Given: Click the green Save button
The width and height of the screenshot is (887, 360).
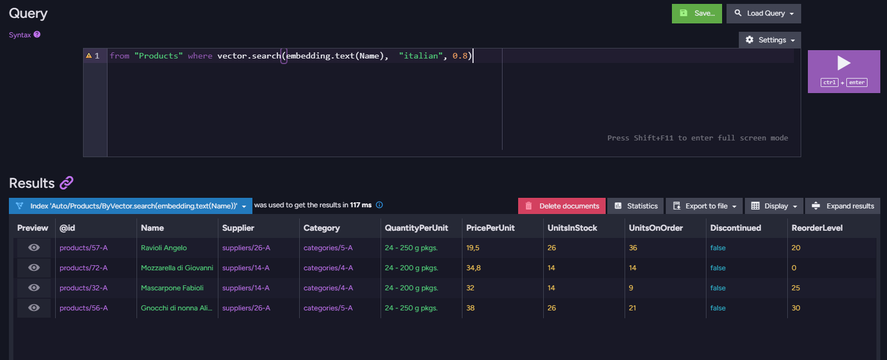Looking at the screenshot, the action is click(x=696, y=13).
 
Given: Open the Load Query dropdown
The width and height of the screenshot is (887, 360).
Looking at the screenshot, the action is click(x=763, y=13).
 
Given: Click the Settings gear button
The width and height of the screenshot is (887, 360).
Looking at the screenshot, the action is click(x=770, y=40).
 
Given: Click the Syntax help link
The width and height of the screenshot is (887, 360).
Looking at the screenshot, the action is click(x=25, y=35).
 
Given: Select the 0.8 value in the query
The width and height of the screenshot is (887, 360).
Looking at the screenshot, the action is click(x=460, y=56).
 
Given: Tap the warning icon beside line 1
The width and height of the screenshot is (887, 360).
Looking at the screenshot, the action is click(x=89, y=56).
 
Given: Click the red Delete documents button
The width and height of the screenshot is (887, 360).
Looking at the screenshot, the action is click(x=562, y=206).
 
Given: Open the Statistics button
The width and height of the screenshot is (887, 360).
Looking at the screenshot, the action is click(x=636, y=206).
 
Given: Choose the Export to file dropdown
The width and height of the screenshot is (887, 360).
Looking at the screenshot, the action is click(x=704, y=206).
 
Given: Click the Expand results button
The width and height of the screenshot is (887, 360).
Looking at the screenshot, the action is click(x=842, y=206).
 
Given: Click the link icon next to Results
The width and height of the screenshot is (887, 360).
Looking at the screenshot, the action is click(x=66, y=183).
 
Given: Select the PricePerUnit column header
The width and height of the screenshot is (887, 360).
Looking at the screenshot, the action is click(x=490, y=228).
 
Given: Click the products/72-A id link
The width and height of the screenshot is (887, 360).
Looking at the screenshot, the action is click(x=84, y=268).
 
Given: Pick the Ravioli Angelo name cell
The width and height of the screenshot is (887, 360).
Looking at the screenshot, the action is click(x=164, y=248).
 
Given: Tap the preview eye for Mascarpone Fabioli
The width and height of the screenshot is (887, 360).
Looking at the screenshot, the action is click(x=33, y=288).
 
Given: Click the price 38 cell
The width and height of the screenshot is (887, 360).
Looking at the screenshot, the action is click(x=470, y=308).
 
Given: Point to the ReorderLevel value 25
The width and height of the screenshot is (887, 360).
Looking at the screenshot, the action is click(x=796, y=288).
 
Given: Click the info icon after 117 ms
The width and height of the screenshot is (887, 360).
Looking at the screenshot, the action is click(x=379, y=205).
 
